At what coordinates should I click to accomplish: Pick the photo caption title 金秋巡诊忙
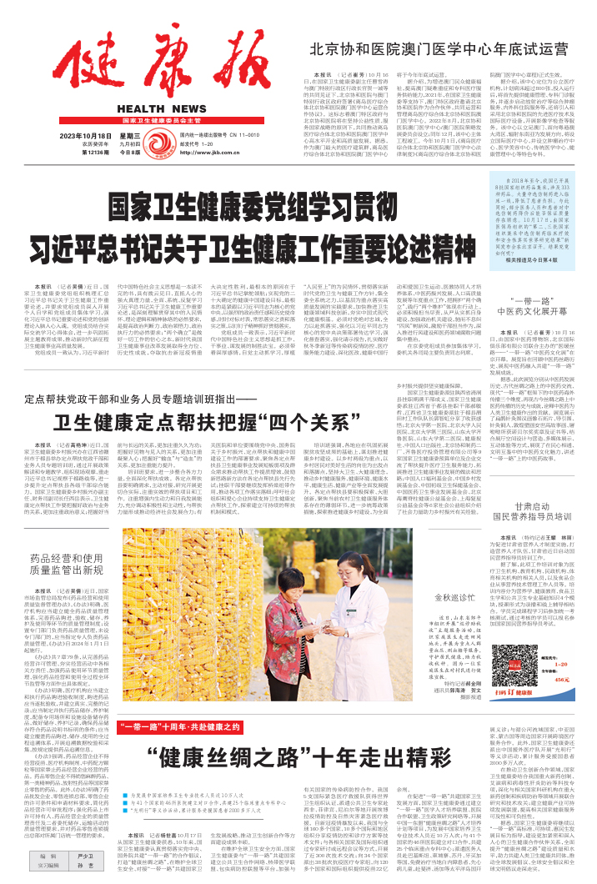click(511, 599)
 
